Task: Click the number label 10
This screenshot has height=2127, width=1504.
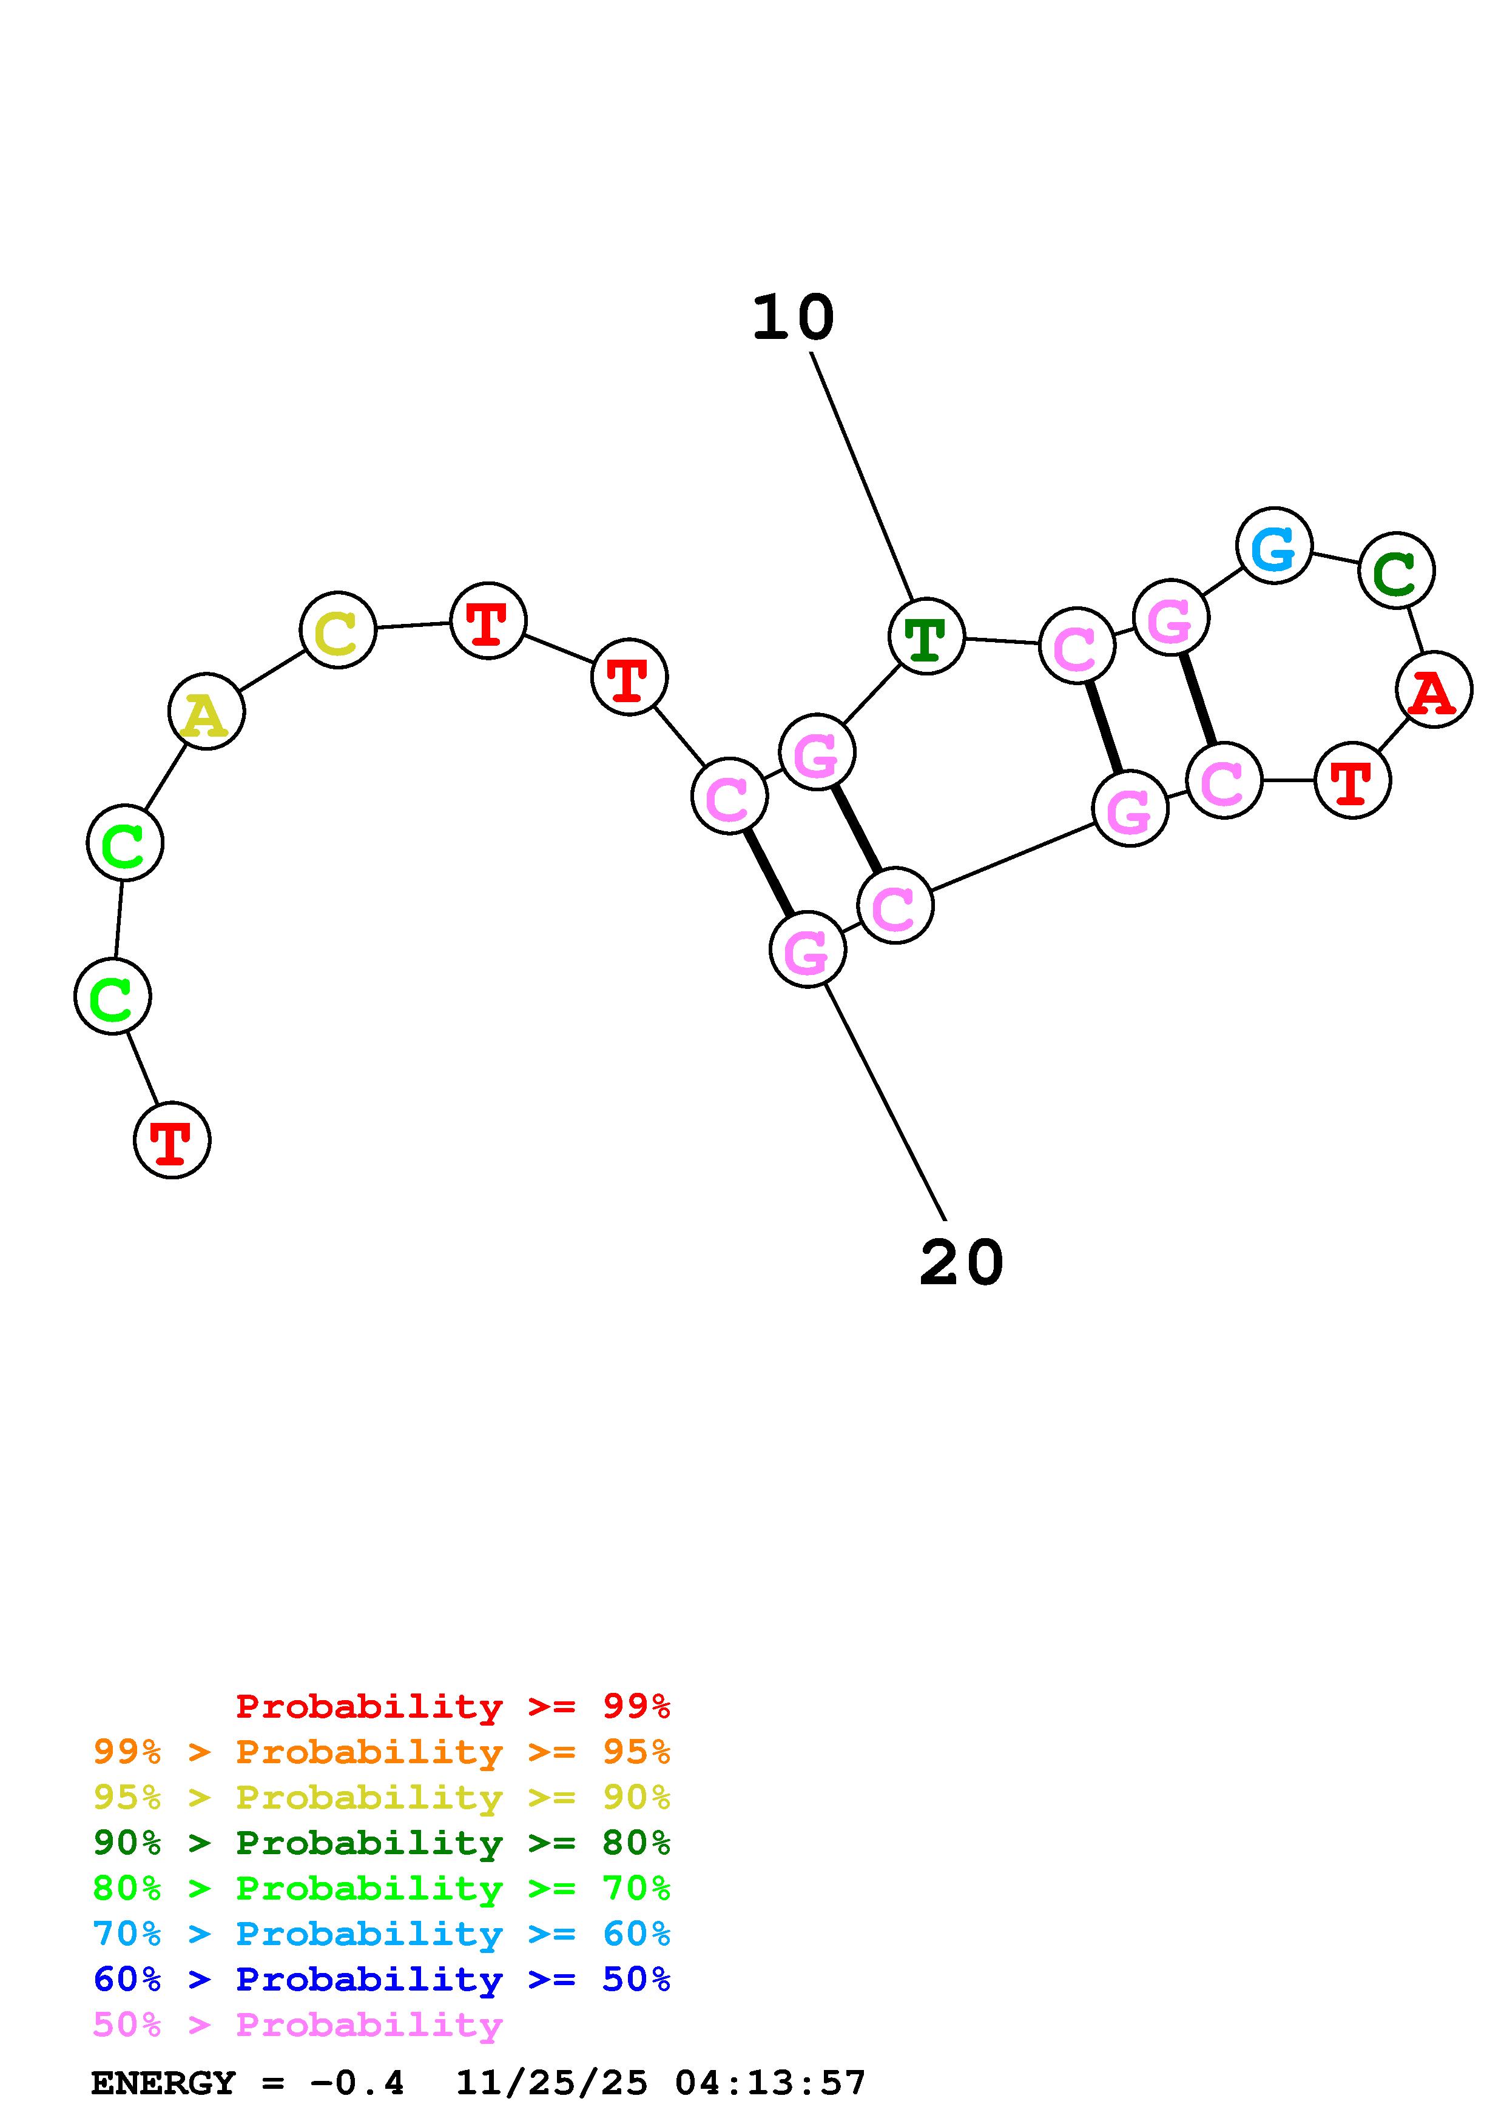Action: click(792, 318)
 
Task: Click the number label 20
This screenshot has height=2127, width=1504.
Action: click(961, 1262)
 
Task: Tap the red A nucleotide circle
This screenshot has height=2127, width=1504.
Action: click(1434, 689)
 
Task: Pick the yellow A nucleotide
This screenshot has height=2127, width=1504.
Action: click(207, 711)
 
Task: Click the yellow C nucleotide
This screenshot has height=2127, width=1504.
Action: click(339, 630)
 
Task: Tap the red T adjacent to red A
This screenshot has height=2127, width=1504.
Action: click(1352, 780)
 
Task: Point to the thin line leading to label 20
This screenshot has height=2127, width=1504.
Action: click(885, 1102)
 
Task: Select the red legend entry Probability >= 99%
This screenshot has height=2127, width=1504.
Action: click(453, 1706)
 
